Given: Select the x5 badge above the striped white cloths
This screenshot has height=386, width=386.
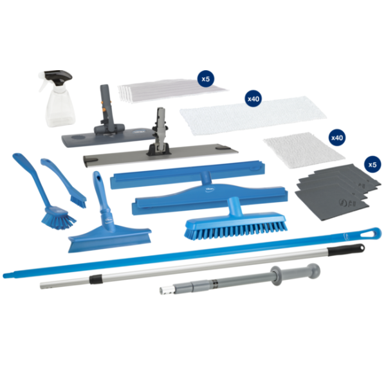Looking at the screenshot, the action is [x=206, y=78].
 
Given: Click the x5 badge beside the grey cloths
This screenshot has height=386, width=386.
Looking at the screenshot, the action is [x=372, y=164].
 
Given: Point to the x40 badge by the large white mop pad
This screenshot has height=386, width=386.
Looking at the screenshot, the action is [x=253, y=99].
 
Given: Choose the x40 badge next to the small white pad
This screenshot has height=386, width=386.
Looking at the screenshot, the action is [x=337, y=138].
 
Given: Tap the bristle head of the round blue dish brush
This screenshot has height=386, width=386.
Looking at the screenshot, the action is [x=59, y=219].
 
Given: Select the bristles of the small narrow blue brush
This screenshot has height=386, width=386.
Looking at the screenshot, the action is [x=78, y=201].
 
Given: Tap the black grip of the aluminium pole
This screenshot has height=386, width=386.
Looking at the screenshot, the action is [x=346, y=249].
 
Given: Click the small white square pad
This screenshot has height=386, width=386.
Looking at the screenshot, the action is [x=304, y=150].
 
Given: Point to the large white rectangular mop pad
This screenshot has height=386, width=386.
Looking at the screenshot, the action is [x=253, y=115].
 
